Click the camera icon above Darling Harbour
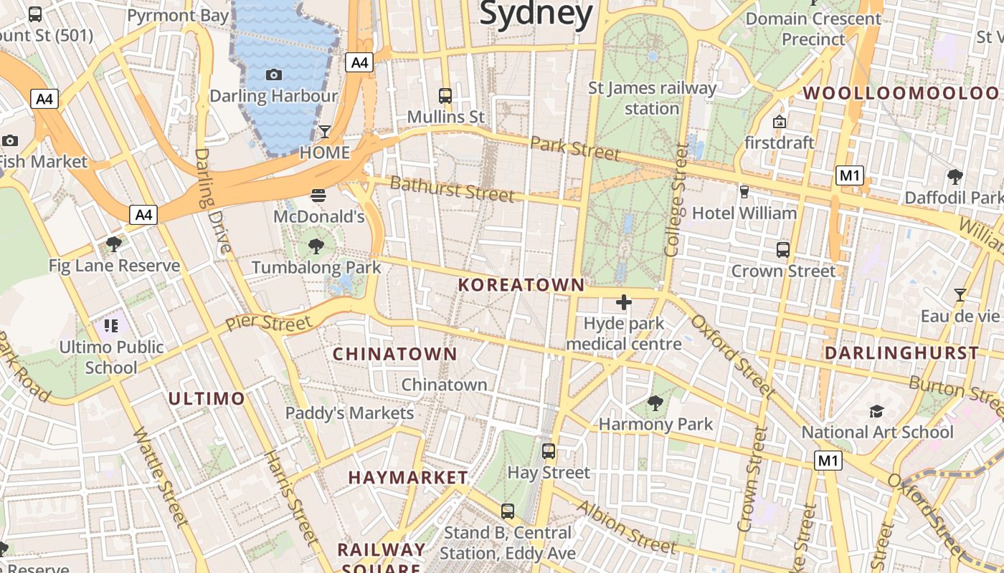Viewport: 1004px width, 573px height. pyautogui.click(x=273, y=74)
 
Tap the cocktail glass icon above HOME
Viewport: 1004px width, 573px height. pyautogui.click(x=324, y=132)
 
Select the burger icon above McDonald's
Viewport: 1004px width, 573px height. pyautogui.click(x=319, y=195)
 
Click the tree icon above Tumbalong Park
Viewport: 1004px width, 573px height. pyautogui.click(x=316, y=246)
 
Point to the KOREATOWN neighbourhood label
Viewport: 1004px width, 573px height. pyautogui.click(x=522, y=285)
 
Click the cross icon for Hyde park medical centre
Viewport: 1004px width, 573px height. pyautogui.click(x=624, y=302)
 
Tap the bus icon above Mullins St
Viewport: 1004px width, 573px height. pyautogui.click(x=445, y=95)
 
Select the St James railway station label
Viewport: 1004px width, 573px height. pyautogui.click(x=652, y=98)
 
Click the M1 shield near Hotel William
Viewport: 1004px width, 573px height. pyautogui.click(x=850, y=175)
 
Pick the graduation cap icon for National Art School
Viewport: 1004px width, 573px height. pyautogui.click(x=876, y=411)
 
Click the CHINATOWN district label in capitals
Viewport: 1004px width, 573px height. pyautogui.click(x=395, y=354)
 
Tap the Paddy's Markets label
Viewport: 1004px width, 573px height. pyautogui.click(x=350, y=413)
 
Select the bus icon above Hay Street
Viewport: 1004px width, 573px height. pyautogui.click(x=549, y=451)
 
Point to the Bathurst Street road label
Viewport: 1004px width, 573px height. pyautogui.click(x=452, y=189)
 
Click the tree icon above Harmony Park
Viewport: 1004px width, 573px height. pyautogui.click(x=655, y=403)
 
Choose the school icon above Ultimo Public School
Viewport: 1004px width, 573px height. pyautogui.click(x=110, y=327)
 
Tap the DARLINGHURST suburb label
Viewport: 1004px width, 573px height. pyautogui.click(x=901, y=353)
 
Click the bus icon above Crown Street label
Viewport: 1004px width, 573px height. pyautogui.click(x=783, y=250)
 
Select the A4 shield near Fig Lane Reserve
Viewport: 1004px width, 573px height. pyautogui.click(x=143, y=214)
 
